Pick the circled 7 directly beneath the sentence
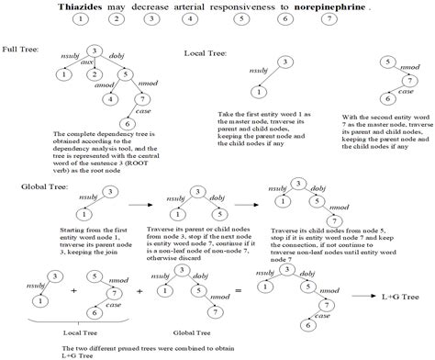[344, 18]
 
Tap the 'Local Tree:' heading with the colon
[206, 54]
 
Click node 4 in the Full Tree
[109, 99]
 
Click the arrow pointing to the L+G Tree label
[369, 297]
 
